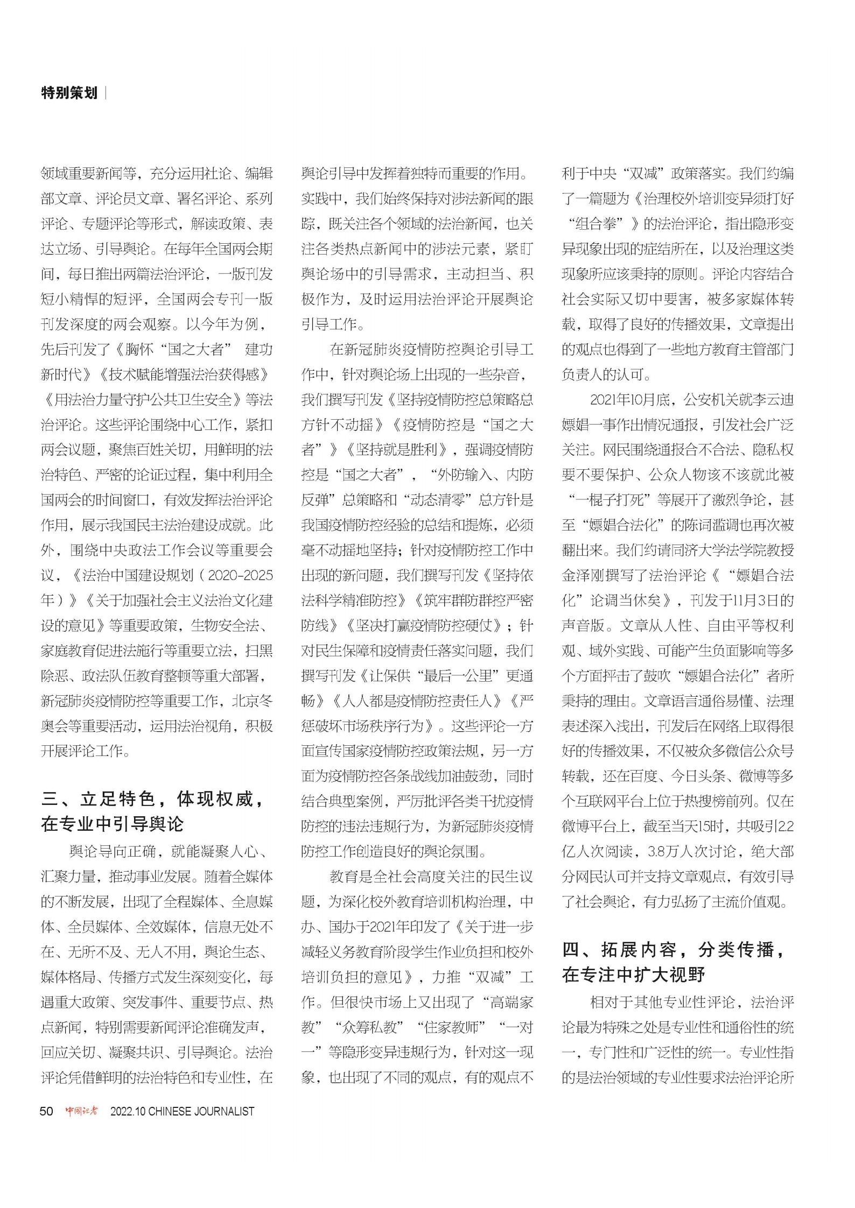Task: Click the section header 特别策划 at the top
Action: tap(69, 93)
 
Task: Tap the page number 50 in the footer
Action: tap(47, 1111)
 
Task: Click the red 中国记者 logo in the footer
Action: tap(82, 1111)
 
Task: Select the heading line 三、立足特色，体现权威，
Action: tap(153, 800)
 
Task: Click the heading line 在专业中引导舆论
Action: tap(113, 824)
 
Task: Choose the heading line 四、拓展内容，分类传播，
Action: tap(675, 950)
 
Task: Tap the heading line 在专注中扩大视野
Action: tap(634, 975)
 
